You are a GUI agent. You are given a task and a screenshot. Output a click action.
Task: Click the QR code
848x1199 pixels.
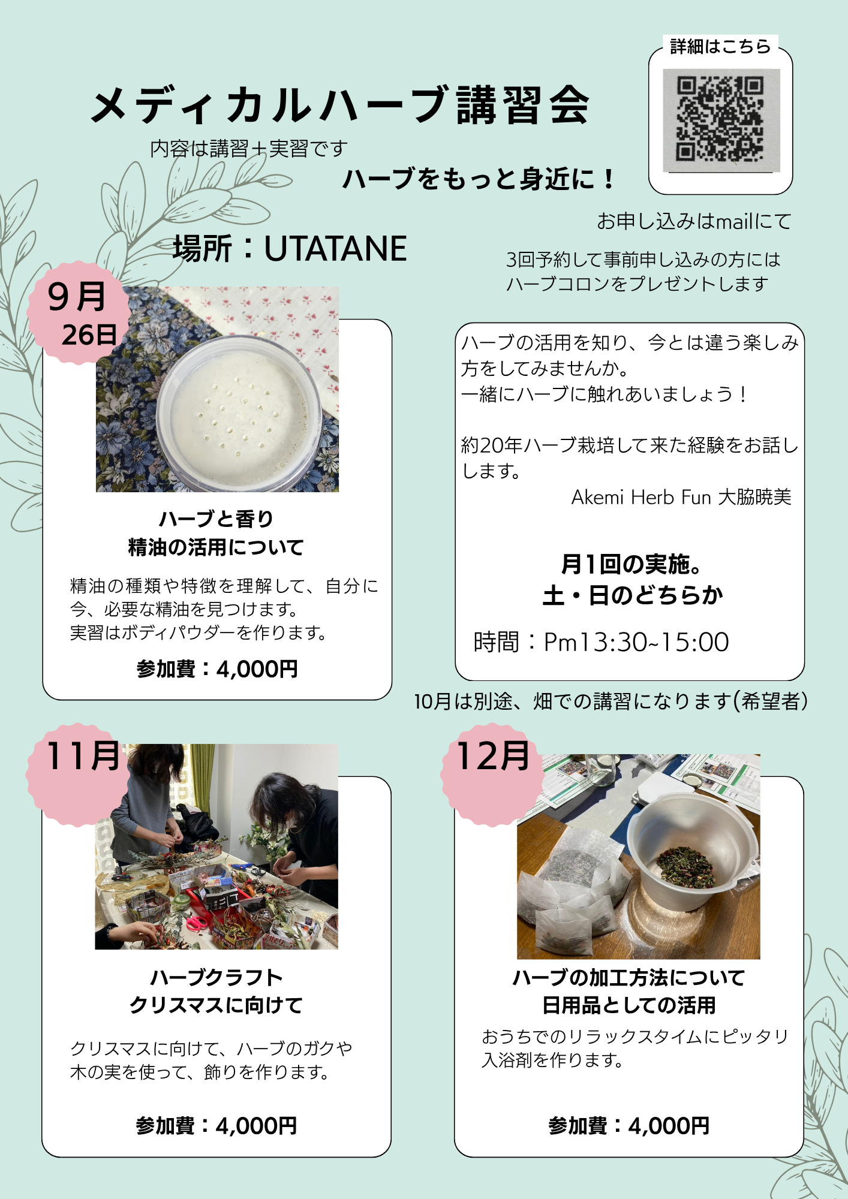720,120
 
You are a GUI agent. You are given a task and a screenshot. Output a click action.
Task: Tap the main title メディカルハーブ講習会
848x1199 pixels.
340,106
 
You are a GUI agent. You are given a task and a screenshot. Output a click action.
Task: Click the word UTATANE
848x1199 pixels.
335,248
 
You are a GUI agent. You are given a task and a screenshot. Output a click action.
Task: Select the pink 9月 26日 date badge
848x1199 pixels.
79,313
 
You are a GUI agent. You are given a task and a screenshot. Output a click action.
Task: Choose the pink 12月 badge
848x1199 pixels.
493,775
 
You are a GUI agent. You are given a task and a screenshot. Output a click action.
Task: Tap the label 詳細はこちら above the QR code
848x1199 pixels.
720,46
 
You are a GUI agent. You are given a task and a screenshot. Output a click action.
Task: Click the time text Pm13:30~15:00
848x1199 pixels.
636,642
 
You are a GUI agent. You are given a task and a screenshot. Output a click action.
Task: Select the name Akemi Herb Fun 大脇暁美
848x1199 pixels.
681,497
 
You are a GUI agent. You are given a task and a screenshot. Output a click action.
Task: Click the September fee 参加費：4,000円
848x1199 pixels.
217,669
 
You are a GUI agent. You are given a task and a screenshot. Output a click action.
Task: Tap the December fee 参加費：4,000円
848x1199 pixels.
629,1126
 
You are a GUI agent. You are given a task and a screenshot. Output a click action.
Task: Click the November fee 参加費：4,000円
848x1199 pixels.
216,1126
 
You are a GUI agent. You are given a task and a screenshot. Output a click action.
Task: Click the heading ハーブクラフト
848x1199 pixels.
216,977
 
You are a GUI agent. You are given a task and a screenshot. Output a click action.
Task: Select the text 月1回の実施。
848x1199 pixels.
632,564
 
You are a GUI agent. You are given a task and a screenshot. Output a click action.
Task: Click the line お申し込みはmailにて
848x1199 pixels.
694,221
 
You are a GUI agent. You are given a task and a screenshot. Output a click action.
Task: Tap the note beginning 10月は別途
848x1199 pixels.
611,701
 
